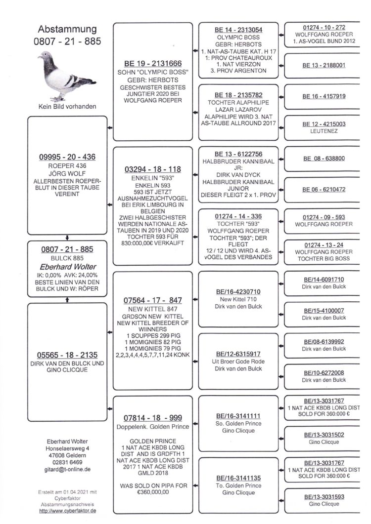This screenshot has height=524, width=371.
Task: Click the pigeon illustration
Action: [x=67, y=76]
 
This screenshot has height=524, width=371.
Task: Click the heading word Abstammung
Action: [x=67, y=30]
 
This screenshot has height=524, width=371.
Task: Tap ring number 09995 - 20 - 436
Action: [x=67, y=157]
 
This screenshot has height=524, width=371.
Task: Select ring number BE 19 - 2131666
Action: [x=153, y=64]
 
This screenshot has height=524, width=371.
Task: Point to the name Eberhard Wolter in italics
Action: [x=68, y=267]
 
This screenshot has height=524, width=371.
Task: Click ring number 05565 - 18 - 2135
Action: [x=67, y=355]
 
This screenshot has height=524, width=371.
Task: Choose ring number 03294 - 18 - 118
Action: [x=153, y=169]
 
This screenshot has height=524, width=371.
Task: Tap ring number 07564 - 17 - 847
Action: [x=153, y=300]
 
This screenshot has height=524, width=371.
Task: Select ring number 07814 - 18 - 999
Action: [x=153, y=418]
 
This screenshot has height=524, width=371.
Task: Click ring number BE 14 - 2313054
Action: [x=238, y=30]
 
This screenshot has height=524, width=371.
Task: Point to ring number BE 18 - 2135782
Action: [x=238, y=95]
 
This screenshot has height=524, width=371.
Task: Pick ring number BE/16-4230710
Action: [x=238, y=292]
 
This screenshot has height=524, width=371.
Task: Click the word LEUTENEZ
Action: [x=324, y=131]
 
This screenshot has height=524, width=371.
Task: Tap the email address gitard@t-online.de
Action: [x=67, y=469]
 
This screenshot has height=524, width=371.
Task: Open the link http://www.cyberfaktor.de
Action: [x=68, y=511]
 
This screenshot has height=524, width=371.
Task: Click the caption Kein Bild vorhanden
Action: [x=67, y=107]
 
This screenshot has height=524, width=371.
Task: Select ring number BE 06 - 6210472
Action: [x=324, y=190]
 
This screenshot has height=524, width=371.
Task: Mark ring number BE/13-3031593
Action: [x=324, y=497]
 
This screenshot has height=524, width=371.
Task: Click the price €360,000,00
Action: [x=153, y=492]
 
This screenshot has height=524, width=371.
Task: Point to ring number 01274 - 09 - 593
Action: [x=324, y=217]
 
